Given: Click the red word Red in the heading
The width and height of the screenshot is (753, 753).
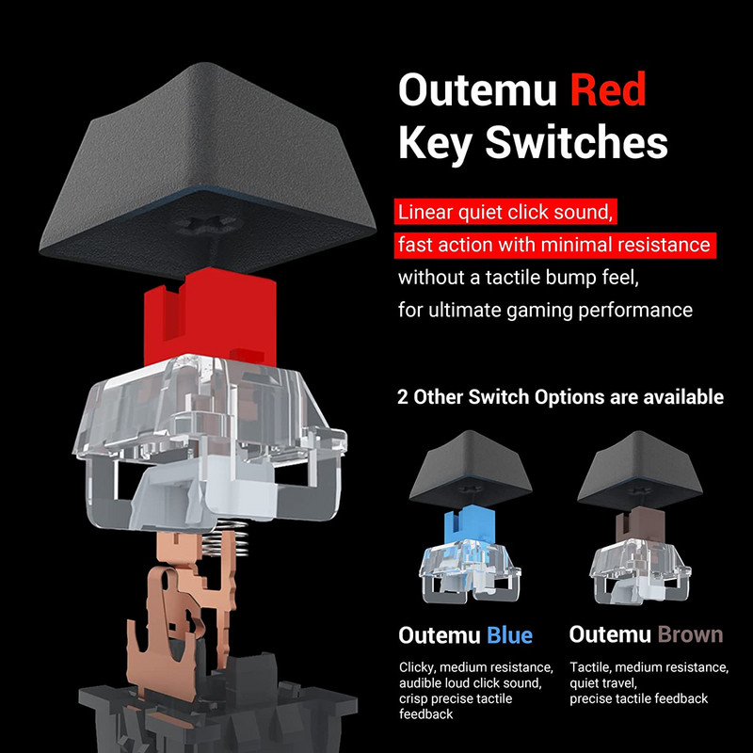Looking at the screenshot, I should coord(608,91).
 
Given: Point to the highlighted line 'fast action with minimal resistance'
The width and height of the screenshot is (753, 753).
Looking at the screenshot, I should coord(553,245).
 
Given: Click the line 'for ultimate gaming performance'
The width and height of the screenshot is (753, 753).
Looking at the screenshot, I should coord(545,310).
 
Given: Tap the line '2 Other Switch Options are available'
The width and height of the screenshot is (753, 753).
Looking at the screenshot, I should coord(560,396).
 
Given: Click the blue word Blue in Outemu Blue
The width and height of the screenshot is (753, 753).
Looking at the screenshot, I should coord(509,634).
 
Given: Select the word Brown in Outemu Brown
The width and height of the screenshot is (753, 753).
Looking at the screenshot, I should coord(690,634).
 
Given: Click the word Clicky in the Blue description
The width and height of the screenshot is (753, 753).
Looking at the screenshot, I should coord(418,667).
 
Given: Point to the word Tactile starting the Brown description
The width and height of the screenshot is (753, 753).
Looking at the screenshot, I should coord(591,667).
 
